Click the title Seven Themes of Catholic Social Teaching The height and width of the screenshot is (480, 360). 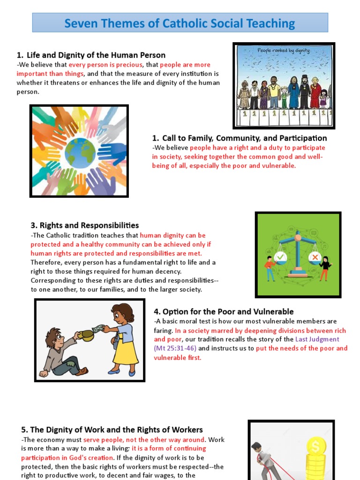tap(180, 23)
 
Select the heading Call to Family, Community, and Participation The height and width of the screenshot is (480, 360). tap(240, 138)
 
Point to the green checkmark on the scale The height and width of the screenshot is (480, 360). tap(280, 257)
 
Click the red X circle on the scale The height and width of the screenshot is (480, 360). tap(315, 257)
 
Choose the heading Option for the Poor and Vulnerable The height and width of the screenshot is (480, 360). tap(224, 311)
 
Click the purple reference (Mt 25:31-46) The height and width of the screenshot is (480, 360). tap(175, 348)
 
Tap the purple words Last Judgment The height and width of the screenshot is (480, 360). tap(317, 339)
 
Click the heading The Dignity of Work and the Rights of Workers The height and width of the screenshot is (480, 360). tap(112, 429)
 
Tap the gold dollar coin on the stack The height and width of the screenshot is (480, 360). tap(315, 446)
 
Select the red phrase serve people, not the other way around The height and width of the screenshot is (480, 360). tap(144, 440)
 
